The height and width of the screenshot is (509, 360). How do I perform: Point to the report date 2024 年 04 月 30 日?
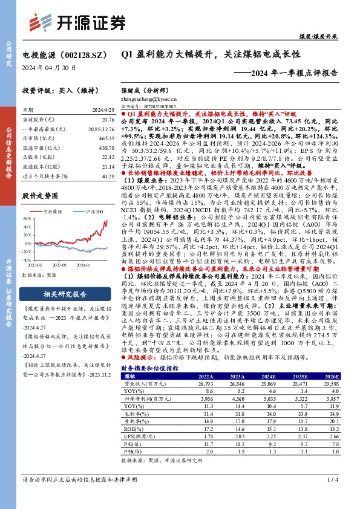49,68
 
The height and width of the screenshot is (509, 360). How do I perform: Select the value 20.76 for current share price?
108,120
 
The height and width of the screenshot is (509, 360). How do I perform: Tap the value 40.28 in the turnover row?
108,177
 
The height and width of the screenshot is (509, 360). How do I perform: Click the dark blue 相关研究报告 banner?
67,294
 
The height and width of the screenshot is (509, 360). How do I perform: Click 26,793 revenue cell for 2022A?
206,383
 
